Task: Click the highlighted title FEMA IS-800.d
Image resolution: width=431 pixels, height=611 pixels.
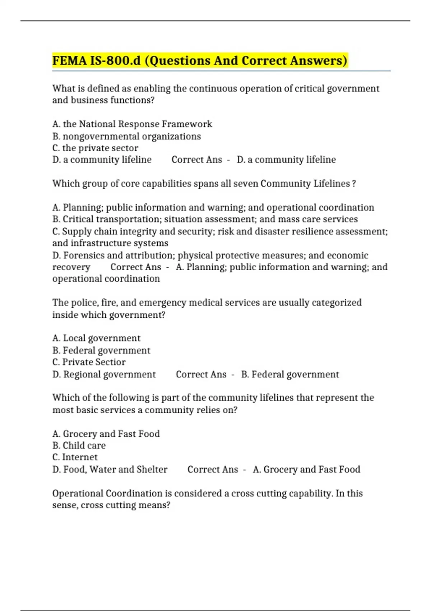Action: click(199, 60)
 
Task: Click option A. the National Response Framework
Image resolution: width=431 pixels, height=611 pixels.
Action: click(132, 124)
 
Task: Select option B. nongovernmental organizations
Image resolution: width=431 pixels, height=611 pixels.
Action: click(126, 136)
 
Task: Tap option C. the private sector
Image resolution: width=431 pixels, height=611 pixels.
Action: click(95, 148)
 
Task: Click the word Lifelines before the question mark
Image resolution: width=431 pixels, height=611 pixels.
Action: click(332, 184)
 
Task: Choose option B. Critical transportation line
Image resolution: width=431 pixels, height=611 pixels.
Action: click(205, 219)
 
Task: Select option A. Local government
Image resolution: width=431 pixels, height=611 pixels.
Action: click(96, 338)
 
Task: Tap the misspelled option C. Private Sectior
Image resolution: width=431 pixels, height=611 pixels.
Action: click(89, 362)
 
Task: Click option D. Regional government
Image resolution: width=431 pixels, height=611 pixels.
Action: click(104, 375)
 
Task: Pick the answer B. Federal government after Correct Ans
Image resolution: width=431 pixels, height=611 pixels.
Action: click(290, 375)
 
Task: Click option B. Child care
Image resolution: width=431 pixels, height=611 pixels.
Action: click(79, 446)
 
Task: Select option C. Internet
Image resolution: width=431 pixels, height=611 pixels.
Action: click(75, 457)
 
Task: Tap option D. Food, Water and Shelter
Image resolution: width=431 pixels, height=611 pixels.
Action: click(110, 469)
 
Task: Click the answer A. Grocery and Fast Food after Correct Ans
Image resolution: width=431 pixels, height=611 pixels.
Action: click(306, 469)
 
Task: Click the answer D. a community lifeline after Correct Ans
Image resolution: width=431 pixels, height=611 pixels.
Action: click(286, 160)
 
